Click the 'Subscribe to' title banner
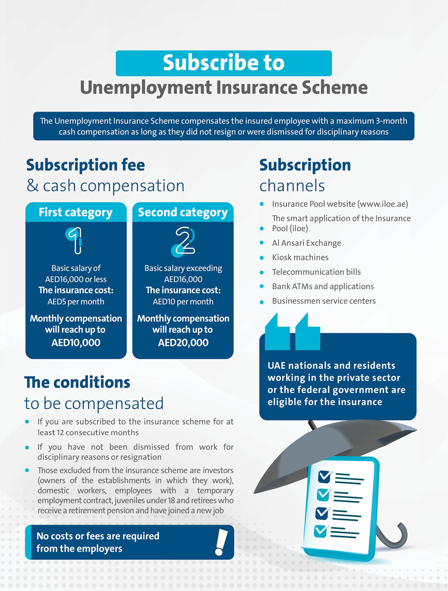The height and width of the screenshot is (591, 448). point(223,63)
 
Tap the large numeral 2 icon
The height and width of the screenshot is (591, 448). point(183,241)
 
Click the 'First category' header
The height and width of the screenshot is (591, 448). point(76,212)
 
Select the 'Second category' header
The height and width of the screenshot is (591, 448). point(183,212)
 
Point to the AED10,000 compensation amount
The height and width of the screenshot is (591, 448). point(76,343)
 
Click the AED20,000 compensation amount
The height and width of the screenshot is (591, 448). point(183,343)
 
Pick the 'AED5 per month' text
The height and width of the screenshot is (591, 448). point(76,302)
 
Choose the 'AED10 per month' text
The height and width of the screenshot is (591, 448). point(183,302)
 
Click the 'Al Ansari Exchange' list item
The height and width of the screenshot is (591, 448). point(306,243)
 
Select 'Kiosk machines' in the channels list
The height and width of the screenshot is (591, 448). point(300,257)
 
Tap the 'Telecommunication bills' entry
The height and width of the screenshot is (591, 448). point(316,272)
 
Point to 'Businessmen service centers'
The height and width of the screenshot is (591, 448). point(324,301)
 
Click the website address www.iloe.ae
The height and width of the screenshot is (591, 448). point(382,204)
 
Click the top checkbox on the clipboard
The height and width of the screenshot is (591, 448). point(325,476)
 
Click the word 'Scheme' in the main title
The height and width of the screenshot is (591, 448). point(334,88)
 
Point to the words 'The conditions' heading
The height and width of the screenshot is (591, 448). point(77,382)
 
